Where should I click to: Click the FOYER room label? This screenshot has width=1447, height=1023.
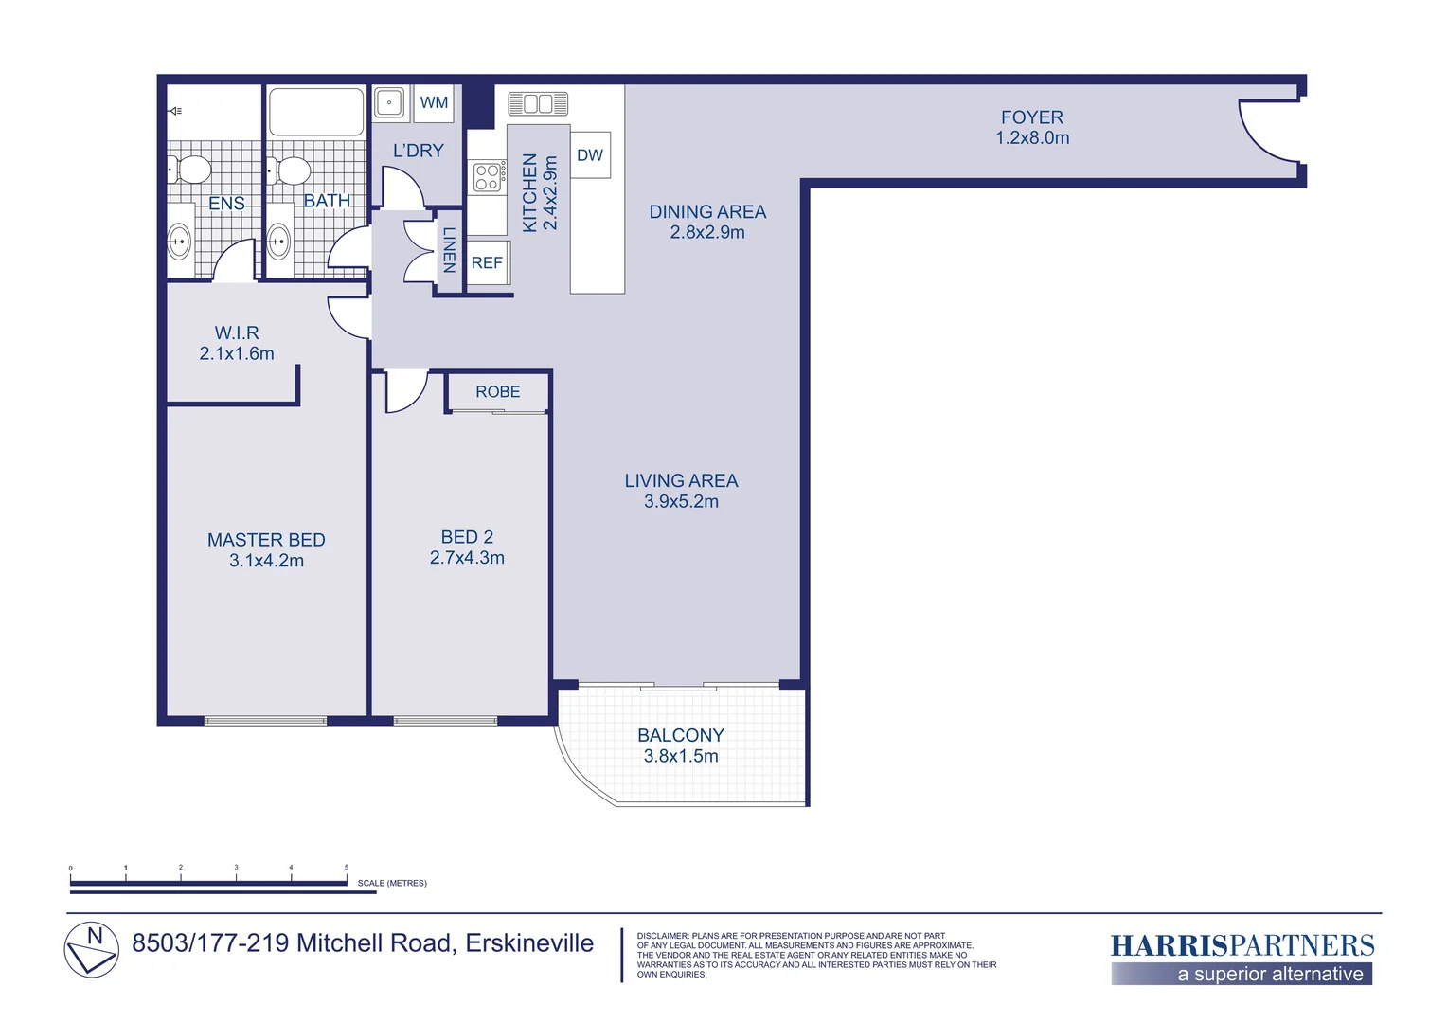coord(1031,117)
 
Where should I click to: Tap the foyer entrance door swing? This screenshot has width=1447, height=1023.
coord(1267,131)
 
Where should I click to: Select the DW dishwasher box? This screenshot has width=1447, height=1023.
coord(590,155)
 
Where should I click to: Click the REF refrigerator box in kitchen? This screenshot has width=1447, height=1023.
coord(487,263)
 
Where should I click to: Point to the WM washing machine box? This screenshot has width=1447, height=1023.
coord(434,103)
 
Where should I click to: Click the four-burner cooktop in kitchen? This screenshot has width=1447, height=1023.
coord(488,177)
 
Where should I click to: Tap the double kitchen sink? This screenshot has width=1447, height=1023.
coord(537,103)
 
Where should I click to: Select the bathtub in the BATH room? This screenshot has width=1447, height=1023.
coord(316,112)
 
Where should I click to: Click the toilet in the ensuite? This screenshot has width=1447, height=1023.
coord(190,170)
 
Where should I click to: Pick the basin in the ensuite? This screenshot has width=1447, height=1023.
coord(179,242)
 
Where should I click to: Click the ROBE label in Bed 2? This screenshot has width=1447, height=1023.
coord(497,392)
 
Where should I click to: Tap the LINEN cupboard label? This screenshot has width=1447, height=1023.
coord(449,250)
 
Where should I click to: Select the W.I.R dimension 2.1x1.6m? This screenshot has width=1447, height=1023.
coord(237,354)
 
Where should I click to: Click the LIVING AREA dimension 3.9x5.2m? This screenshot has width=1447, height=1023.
coord(681,502)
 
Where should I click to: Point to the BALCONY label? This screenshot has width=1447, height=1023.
coord(680,735)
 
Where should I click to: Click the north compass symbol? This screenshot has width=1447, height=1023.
coord(92,949)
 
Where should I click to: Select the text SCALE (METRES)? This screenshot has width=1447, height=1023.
coord(392,883)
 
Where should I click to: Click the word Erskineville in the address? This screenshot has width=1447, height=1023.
coord(529,943)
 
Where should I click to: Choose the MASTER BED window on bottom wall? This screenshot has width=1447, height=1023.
coord(265,721)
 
